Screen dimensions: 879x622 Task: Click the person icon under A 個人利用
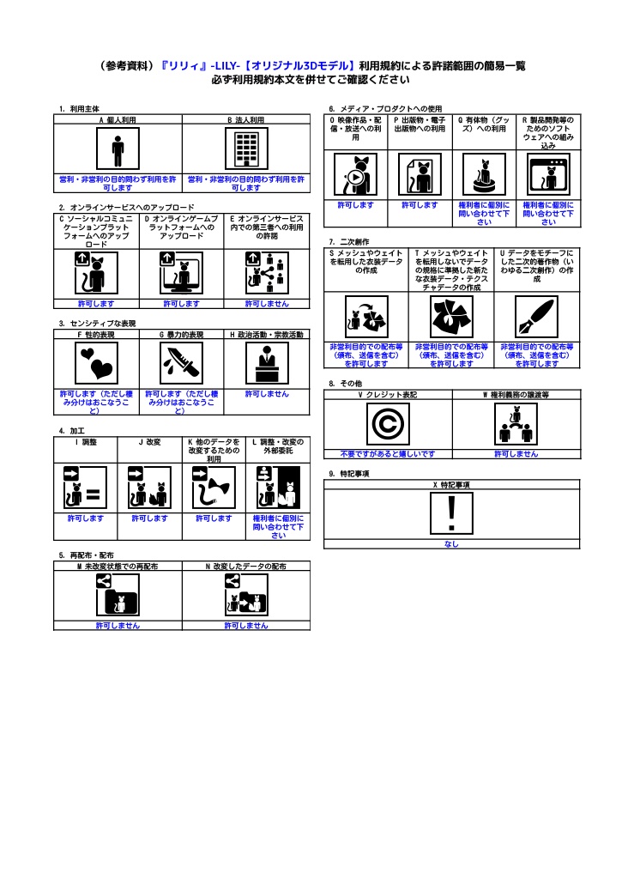(118, 151)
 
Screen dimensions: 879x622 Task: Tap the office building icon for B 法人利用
(246, 151)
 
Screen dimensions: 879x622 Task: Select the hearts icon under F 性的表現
(96, 364)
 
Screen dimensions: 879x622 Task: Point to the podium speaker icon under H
(266, 364)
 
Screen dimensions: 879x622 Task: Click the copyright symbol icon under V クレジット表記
(387, 423)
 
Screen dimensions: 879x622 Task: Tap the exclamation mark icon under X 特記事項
(451, 513)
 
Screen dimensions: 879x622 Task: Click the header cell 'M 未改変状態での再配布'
(118, 567)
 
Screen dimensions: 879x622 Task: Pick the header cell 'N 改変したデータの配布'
(246, 567)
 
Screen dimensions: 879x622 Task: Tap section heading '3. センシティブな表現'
(97, 324)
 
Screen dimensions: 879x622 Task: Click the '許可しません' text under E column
(266, 304)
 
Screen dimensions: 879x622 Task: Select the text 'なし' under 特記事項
(451, 543)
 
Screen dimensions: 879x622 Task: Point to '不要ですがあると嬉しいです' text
(387, 453)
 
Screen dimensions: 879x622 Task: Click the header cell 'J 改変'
(150, 441)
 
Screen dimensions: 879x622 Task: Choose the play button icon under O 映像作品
(354, 175)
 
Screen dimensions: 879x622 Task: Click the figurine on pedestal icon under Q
(484, 175)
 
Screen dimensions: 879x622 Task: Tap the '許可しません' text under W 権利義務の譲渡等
(516, 453)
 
